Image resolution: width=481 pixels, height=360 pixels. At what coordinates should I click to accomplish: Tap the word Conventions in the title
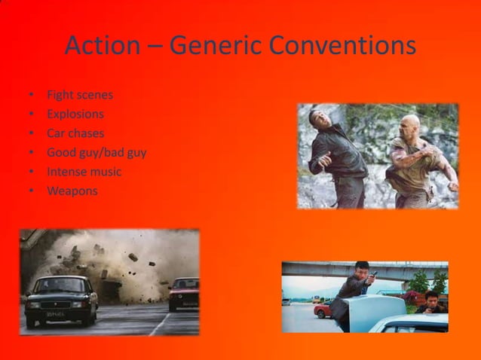click(x=342, y=46)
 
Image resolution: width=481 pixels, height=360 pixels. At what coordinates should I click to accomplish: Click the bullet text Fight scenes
click(x=80, y=95)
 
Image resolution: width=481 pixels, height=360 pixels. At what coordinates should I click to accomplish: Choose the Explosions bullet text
click(x=75, y=114)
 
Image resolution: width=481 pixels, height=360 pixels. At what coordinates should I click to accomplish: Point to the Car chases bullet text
click(x=75, y=133)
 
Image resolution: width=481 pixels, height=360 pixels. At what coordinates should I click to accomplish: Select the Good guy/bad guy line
click(x=97, y=153)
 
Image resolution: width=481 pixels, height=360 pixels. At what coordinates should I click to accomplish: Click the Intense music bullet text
click(x=84, y=172)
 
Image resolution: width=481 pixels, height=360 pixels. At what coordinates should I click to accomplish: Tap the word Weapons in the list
click(x=72, y=191)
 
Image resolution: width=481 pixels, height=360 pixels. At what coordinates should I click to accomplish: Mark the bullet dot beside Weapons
click(x=31, y=191)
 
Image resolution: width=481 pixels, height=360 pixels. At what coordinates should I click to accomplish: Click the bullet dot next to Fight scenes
click(x=31, y=96)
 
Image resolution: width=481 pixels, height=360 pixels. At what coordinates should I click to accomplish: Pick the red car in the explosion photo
click(x=183, y=291)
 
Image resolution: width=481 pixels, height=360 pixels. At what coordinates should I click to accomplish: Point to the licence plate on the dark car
click(x=54, y=313)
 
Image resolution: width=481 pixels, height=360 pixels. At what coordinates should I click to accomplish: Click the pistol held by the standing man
click(x=372, y=276)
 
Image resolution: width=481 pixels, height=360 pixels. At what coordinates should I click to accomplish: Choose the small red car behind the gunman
click(x=322, y=309)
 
